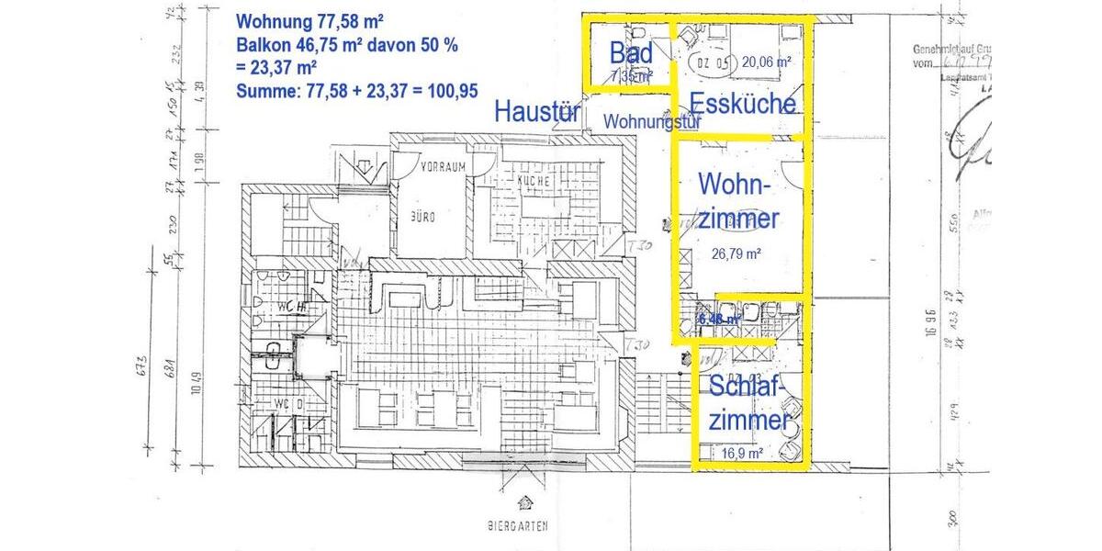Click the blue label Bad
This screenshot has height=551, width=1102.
coord(631,53)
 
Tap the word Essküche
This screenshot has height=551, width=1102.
coord(742,103)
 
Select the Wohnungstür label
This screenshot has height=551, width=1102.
coord(653,120)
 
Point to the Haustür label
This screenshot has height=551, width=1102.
coord(537,112)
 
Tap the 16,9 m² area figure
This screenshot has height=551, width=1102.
coord(743,453)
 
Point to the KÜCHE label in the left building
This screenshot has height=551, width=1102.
coord(533,181)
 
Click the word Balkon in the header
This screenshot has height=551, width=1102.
coord(259,44)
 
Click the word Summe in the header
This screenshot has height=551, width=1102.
coord(263,91)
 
